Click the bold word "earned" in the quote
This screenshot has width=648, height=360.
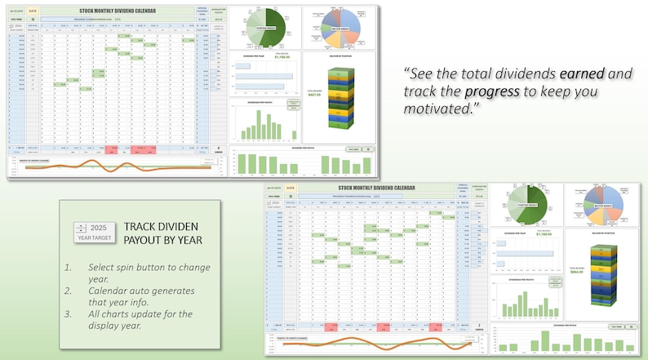point(582,73)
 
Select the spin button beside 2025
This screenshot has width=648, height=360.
point(81,228)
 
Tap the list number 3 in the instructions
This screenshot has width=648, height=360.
point(69,313)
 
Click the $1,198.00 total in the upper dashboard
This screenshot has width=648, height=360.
point(282,57)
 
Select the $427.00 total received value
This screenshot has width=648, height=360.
point(313,95)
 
